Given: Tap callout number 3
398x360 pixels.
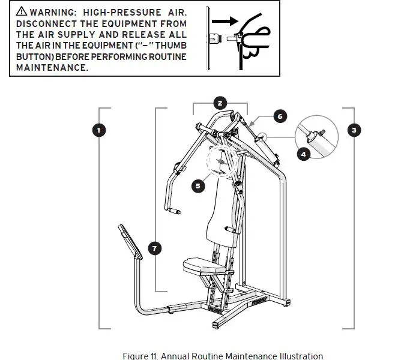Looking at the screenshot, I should [355, 129].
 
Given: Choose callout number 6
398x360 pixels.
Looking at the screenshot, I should [279, 116].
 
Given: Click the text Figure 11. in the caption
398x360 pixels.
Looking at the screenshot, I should [143, 356].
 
